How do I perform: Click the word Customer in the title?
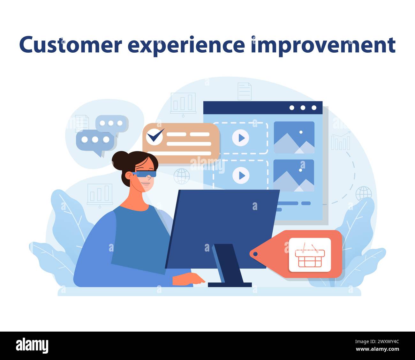71,45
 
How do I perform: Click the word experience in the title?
186,45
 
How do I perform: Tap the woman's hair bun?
119,159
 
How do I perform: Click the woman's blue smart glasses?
145,174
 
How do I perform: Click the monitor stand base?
230,284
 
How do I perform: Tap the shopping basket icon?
310,255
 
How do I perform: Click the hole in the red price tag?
255,254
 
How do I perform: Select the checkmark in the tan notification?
155,136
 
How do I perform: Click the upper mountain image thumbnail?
294,138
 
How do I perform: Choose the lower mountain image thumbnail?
294,176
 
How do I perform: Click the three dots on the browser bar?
303,108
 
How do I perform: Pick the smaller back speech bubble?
111,123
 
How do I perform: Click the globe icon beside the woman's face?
182,176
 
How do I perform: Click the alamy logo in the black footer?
32,346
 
